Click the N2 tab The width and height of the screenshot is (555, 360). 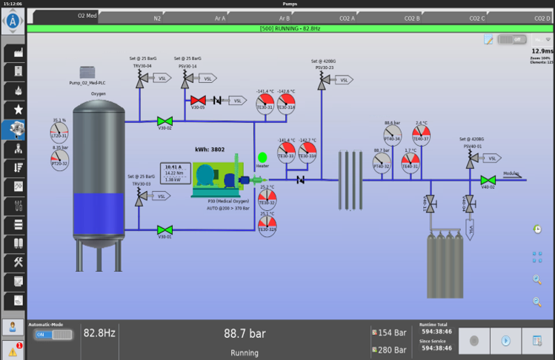tap(157, 17)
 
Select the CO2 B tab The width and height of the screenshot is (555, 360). tap(412, 17)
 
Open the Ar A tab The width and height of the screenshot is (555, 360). tap(220, 17)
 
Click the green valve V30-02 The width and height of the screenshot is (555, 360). tap(164, 121)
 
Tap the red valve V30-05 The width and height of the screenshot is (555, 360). tap(198, 100)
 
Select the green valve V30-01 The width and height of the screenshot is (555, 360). tap(164, 230)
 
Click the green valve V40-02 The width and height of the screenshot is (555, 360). tap(487, 180)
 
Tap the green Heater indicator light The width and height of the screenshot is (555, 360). tap(262, 157)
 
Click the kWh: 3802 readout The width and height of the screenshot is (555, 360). tap(210, 149)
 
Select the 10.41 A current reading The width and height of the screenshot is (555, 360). tap(173, 167)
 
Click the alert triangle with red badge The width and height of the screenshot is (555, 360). tap(13, 350)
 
